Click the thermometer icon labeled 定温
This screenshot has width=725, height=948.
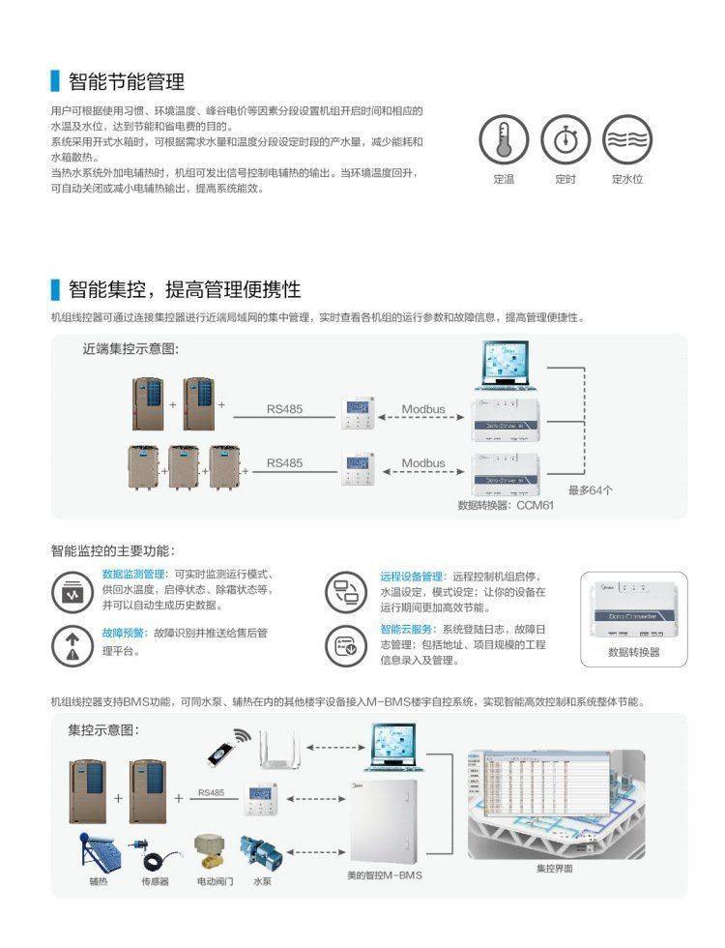[x=504, y=141]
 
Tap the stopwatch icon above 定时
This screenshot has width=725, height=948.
[x=565, y=141]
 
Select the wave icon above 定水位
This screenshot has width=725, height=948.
[x=626, y=141]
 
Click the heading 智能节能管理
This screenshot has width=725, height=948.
[x=126, y=81]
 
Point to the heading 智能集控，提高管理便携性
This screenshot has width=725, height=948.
[x=184, y=289]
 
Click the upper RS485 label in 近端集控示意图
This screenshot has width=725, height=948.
[x=284, y=409]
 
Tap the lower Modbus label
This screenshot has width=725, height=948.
[x=423, y=463]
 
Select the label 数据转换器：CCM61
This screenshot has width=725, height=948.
[x=506, y=505]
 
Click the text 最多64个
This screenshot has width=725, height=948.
[x=591, y=490]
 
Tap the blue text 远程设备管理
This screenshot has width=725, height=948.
[x=411, y=577]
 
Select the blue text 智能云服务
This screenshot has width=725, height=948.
[x=406, y=630]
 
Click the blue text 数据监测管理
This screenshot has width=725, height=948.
[x=133, y=574]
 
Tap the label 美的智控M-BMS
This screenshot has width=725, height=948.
[x=385, y=875]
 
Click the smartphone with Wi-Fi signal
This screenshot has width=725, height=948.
[x=224, y=743]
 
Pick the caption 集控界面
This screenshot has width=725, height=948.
[x=555, y=869]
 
